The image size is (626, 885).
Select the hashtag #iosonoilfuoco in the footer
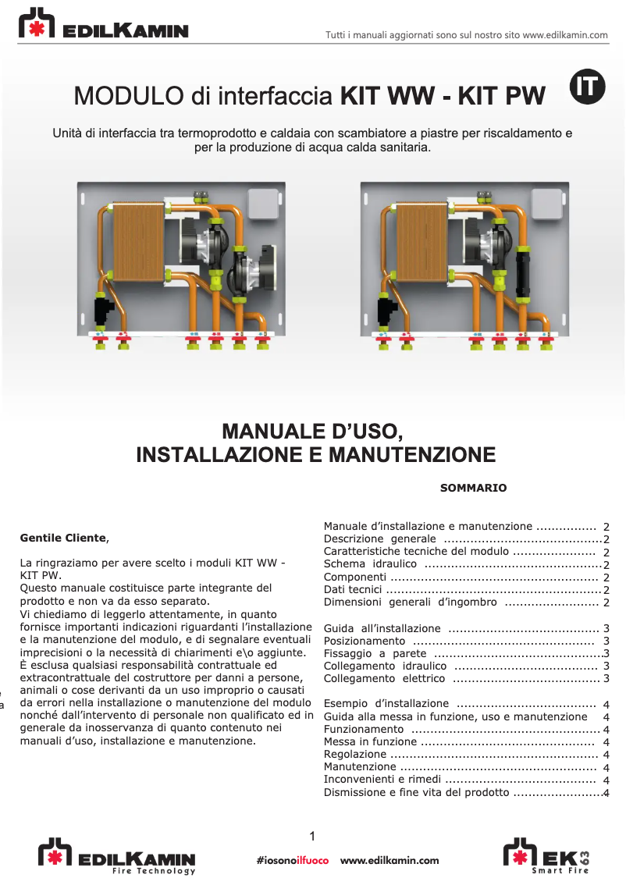pos(293,861)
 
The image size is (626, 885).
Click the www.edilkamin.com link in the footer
pos(389,861)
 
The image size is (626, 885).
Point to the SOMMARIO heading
pos(473,489)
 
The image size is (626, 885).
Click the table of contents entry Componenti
pos(355,578)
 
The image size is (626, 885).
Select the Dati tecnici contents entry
pos(352,590)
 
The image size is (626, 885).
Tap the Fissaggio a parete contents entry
pos(375,653)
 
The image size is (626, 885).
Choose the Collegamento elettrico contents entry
pos(384,679)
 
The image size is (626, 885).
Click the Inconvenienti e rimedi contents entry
pos(382,780)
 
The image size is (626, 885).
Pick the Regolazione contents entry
pos(354,755)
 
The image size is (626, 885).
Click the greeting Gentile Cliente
pos(62,538)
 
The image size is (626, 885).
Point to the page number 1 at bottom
pos(312,837)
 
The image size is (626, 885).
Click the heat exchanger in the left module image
pos(137,243)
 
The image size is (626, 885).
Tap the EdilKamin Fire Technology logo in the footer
pos(117,856)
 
